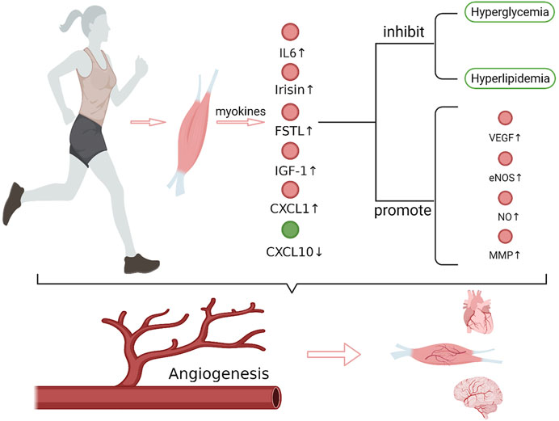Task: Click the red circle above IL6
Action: tap(290, 32)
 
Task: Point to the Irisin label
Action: tap(290, 90)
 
